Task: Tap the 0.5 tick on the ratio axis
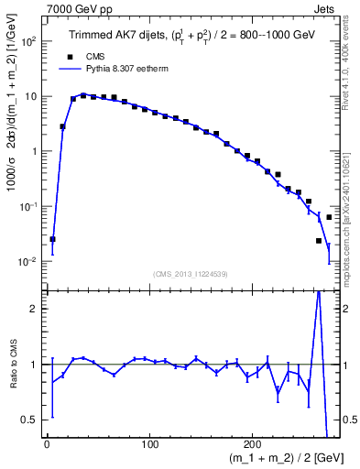[x=29, y=420]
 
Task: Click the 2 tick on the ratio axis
[x=33, y=309]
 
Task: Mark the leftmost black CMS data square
[x=52, y=239]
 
